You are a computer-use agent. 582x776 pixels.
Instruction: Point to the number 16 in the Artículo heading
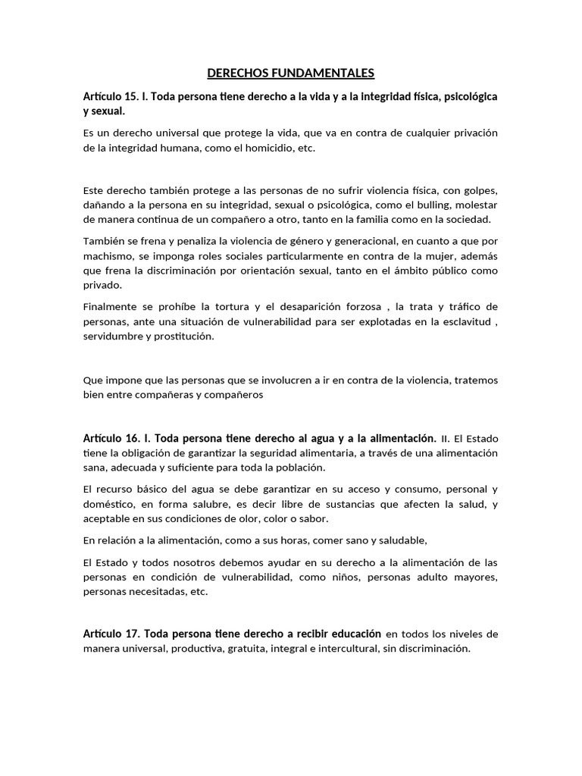tap(130, 438)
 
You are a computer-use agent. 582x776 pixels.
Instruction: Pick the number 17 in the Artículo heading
tap(130, 634)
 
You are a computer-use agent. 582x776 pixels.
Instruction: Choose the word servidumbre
tap(115, 336)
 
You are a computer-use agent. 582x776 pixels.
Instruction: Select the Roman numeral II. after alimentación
tap(446, 439)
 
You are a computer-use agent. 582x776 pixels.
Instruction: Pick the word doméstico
tap(110, 505)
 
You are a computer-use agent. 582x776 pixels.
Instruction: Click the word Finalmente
tap(111, 306)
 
